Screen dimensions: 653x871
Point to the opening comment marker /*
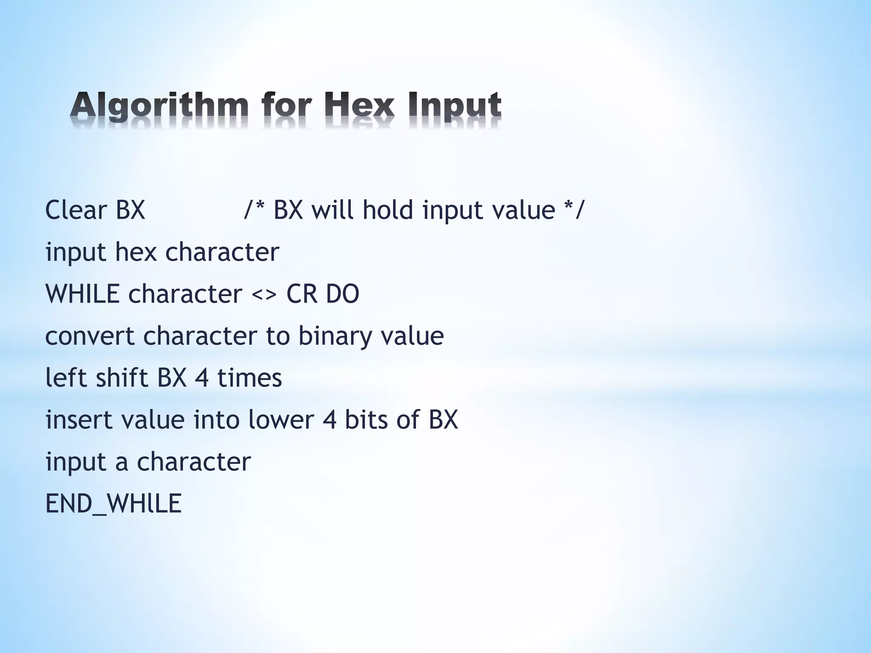click(x=253, y=210)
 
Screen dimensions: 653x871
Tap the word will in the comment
click(x=333, y=210)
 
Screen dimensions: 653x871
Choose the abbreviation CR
click(x=302, y=294)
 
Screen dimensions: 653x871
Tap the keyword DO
click(x=343, y=294)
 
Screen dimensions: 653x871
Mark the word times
click(x=250, y=378)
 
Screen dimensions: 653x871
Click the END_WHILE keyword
click(x=114, y=504)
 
